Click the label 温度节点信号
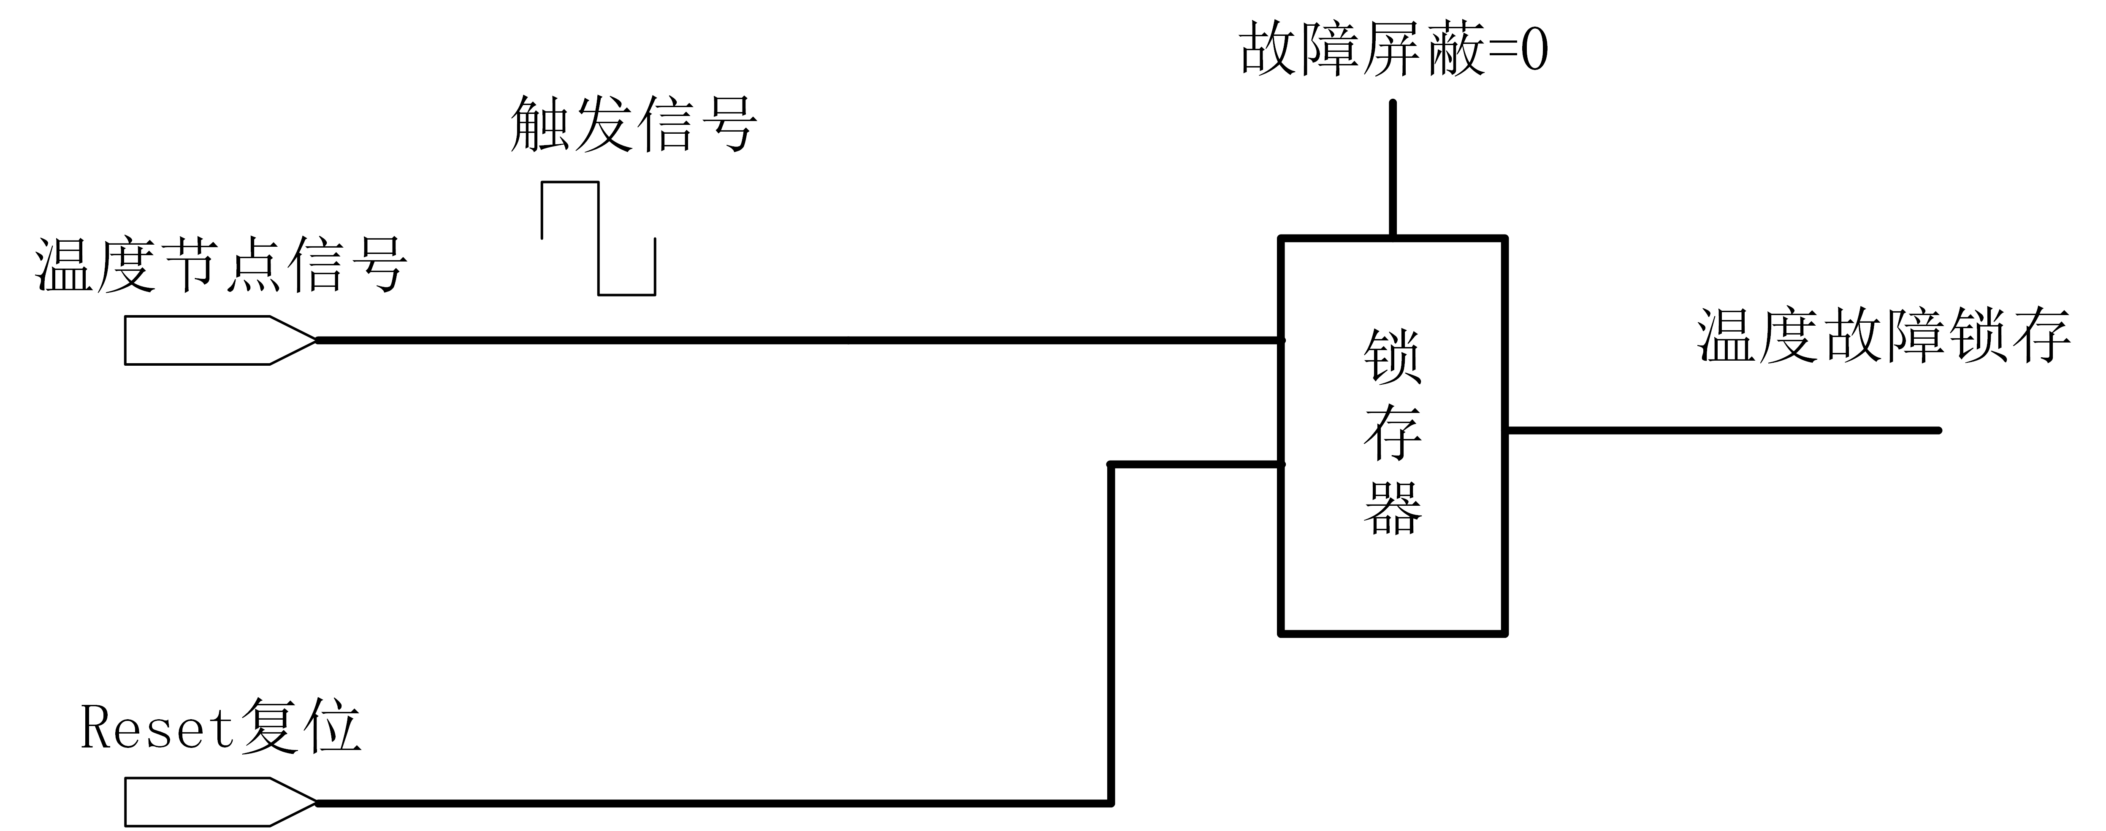tap(221, 266)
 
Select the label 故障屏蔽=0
tap(1394, 49)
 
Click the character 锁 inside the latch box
tap(1392, 357)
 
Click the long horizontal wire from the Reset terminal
tap(711, 803)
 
